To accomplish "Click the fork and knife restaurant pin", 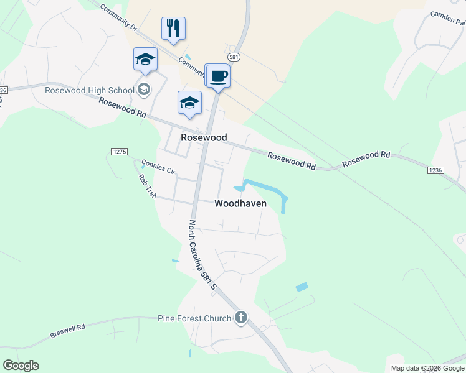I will click(x=174, y=29).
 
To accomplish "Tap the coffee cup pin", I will click(x=217, y=77).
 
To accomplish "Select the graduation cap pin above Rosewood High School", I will click(x=145, y=60).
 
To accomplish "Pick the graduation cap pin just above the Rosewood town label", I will click(x=189, y=103).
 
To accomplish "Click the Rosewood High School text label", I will click(x=90, y=90).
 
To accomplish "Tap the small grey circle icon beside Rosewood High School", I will click(x=144, y=90).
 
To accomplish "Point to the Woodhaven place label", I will click(x=240, y=203).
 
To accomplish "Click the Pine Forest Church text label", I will click(x=194, y=319).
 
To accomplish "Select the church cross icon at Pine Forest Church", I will click(x=241, y=318).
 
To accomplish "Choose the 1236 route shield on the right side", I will click(x=436, y=170).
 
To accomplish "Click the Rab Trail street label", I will click(x=146, y=186).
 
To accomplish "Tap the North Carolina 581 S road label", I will click(x=202, y=255).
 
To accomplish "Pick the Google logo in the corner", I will click(x=21, y=366).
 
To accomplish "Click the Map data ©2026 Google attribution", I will click(x=427, y=368).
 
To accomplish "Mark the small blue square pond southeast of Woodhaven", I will click(x=302, y=287).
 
